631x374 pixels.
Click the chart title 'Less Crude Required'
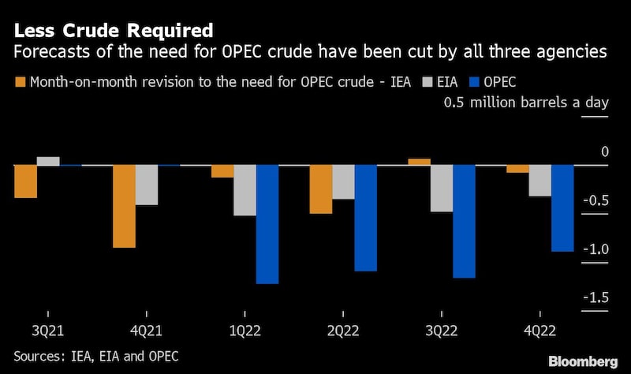[113, 32]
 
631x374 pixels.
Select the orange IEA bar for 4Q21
[124, 206]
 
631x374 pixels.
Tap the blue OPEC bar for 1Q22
[267, 224]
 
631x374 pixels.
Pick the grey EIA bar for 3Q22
[442, 189]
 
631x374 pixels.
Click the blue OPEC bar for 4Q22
[562, 208]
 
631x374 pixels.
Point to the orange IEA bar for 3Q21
[25, 181]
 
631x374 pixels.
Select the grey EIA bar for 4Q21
[147, 185]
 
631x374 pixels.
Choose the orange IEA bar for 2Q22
[320, 189]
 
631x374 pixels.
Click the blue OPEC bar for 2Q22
[366, 218]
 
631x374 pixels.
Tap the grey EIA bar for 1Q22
[245, 190]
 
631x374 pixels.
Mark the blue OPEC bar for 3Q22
[464, 221]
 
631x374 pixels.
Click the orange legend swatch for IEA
[20, 81]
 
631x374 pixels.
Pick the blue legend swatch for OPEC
[474, 81]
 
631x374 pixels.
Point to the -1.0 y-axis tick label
[595, 249]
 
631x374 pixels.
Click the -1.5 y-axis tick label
[595, 297]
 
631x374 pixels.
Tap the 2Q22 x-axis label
[343, 331]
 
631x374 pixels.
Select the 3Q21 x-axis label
[48, 331]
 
